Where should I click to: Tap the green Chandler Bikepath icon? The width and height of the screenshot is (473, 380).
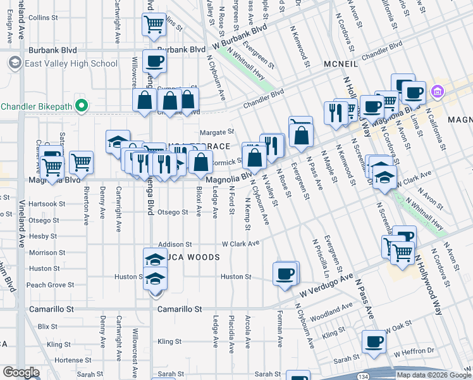point(81,105)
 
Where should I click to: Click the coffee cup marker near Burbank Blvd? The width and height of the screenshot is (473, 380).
point(154,62)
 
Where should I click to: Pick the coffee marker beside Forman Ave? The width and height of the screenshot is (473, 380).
point(285,274)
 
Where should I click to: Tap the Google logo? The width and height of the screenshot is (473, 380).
point(21,372)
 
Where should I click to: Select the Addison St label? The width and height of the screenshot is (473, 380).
point(175,244)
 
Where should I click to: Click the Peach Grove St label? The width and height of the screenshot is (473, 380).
point(46,285)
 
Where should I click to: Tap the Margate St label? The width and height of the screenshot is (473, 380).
point(217,132)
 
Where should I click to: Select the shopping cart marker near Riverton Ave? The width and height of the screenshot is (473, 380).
point(82,163)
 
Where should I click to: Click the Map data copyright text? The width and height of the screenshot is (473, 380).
point(433,374)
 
